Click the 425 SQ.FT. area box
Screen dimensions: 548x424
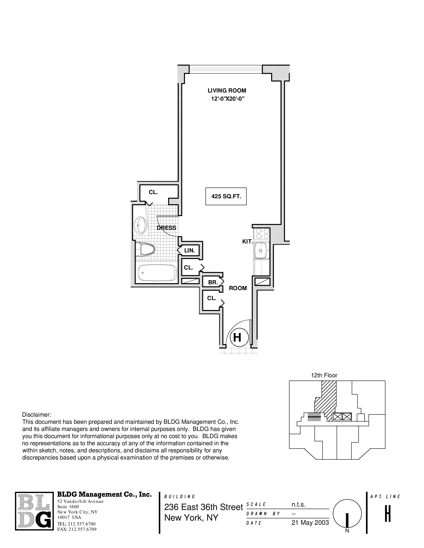[x=226, y=196]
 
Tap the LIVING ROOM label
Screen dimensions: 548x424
[x=227, y=91]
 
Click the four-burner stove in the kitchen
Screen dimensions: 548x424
[x=262, y=234]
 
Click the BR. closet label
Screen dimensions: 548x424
[x=213, y=282]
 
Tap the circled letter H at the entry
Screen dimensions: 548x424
[x=237, y=337]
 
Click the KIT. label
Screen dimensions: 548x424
[x=247, y=242]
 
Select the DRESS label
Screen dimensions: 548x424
[x=166, y=228]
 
